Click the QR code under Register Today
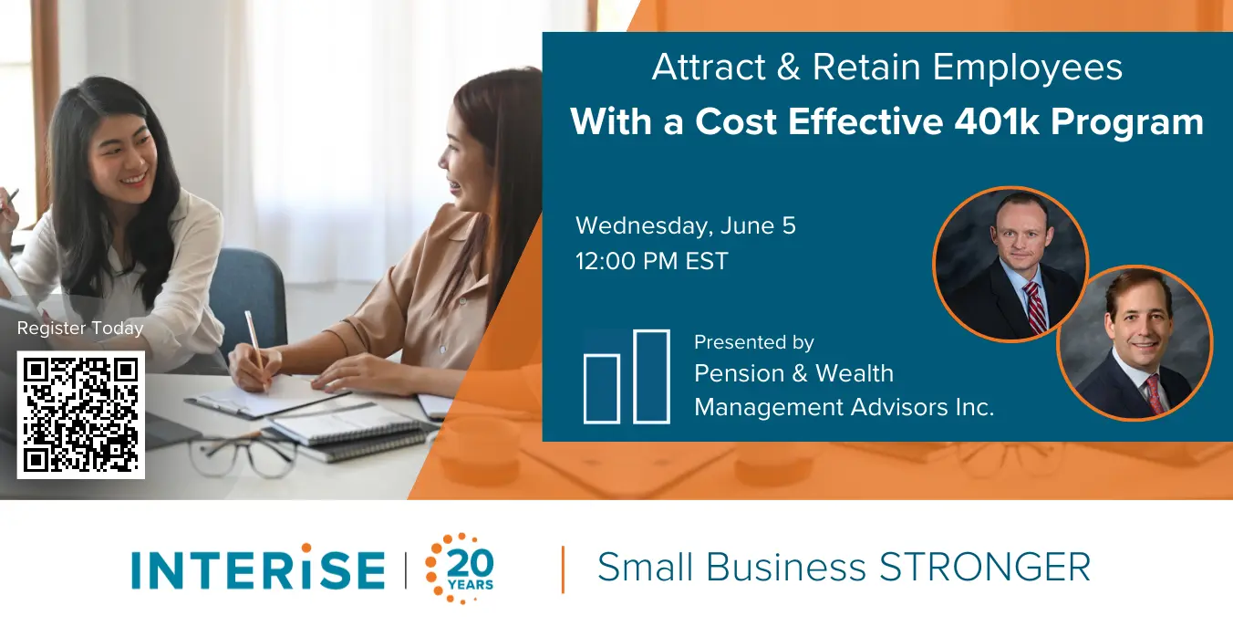(x=81, y=415)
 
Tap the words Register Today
(x=80, y=329)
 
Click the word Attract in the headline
(x=709, y=68)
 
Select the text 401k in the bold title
(x=997, y=121)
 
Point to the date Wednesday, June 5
(x=685, y=226)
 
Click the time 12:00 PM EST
(x=652, y=261)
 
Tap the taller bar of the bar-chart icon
(x=651, y=377)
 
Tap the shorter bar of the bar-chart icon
(x=602, y=389)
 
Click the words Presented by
(x=753, y=343)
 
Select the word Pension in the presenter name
(x=740, y=373)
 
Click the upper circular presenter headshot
(x=1011, y=264)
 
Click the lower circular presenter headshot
(x=1135, y=343)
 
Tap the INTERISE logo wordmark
(x=258, y=567)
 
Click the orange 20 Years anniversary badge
(x=460, y=569)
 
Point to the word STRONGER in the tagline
(x=985, y=567)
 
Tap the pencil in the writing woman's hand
(x=256, y=350)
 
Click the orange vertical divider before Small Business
(x=563, y=569)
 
